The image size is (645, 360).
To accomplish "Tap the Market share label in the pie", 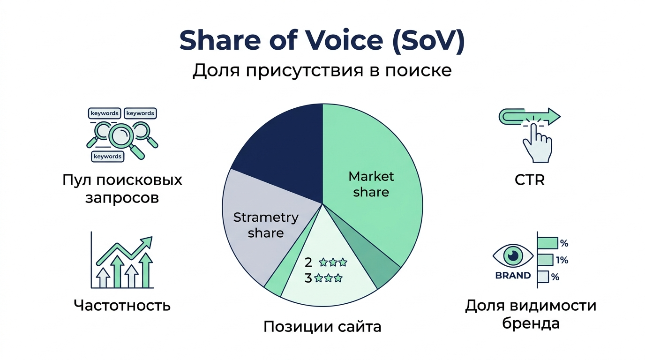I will [x=371, y=184].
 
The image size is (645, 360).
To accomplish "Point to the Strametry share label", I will [x=266, y=225].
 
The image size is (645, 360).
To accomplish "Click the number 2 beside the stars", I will [x=308, y=262].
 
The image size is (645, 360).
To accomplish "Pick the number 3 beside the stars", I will [x=308, y=278].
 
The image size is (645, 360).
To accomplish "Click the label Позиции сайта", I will [x=322, y=326].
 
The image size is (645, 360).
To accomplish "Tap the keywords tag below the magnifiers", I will [x=108, y=156].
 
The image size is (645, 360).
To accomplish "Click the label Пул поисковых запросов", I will [x=122, y=188].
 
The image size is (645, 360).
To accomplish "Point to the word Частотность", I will [x=122, y=306].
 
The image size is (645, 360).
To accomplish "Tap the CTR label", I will [x=530, y=180].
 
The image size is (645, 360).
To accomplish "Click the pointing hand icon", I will [x=537, y=141].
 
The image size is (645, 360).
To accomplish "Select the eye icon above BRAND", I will [x=513, y=255].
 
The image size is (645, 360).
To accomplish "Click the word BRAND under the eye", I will [x=513, y=276].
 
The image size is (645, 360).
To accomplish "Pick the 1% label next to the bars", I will [x=562, y=260].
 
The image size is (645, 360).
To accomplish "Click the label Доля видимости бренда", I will [x=530, y=315].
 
